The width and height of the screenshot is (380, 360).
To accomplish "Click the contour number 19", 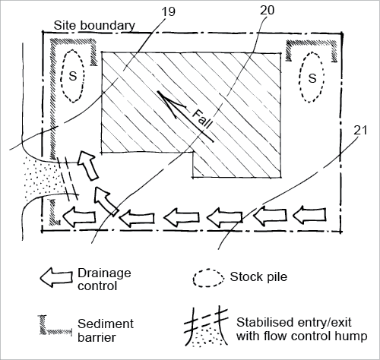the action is pos(168,12).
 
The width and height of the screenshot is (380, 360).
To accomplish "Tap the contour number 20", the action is pos(267,10).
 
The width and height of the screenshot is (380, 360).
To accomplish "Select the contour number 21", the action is pos(360,131).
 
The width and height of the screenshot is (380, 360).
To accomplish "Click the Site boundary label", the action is pos(94,26).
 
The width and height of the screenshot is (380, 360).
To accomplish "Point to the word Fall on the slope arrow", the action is pos(202,118).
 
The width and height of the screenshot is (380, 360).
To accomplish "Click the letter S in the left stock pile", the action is pos(73,76).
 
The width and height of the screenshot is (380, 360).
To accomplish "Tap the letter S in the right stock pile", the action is pos(312,78).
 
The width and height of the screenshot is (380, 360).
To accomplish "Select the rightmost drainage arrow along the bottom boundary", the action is pos(309,216).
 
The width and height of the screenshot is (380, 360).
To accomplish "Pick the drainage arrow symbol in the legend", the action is pos(56,277).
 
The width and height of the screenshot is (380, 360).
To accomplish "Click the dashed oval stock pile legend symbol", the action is pos(208,278).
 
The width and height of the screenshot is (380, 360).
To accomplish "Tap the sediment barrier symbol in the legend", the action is pos(55,326).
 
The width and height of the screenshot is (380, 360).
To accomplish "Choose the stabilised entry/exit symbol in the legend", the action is pos(207,327).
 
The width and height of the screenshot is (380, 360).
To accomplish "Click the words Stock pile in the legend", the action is pos(258,277).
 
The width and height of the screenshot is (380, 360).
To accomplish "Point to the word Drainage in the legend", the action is pos(104,273).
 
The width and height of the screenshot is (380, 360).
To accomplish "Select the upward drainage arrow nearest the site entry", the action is pos(87,166).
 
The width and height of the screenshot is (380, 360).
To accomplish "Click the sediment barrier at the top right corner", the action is pos(312,50).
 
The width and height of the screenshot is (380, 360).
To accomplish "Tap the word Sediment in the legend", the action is pos(106,324).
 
